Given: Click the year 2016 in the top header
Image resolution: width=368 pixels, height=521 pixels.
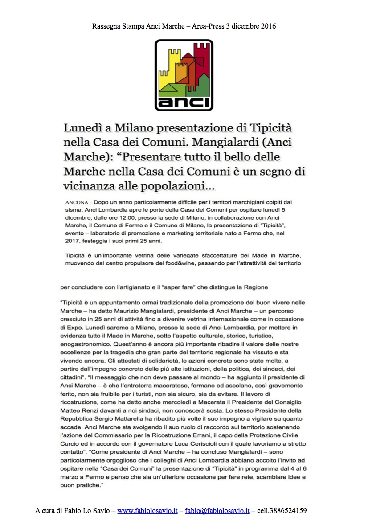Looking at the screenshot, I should coord(268,26).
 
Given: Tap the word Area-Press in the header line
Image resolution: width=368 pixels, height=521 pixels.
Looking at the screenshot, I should coord(207,26).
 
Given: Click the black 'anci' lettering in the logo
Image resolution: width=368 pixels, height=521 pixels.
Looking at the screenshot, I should coord(184,101).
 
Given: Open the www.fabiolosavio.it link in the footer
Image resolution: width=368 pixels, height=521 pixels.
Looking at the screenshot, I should coord(147,511).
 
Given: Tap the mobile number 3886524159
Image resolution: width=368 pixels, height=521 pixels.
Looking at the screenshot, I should coord(290,511).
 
